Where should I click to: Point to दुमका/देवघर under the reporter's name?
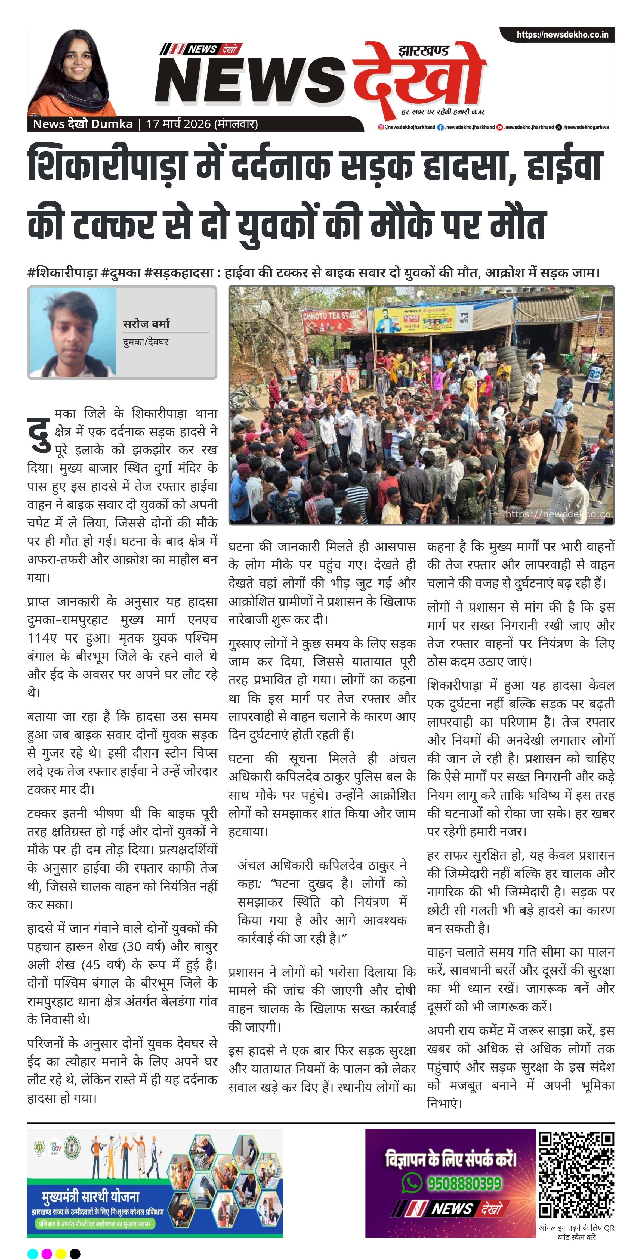pyautogui.click(x=146, y=342)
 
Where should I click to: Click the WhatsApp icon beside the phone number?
pyautogui.click(x=411, y=1183)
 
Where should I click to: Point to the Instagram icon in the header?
pyautogui.click(x=380, y=127)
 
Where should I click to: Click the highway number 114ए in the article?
pyautogui.click(x=42, y=638)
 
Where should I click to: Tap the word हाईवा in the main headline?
pyautogui.click(x=564, y=166)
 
